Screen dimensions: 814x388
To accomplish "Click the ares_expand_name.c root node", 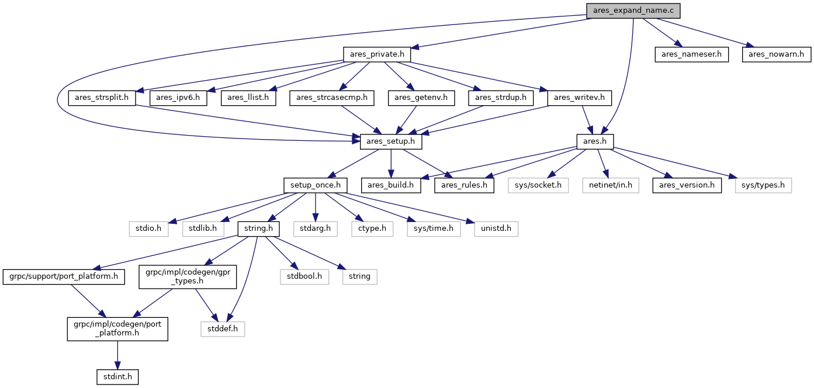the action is [633, 11].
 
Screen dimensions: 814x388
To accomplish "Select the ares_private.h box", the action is [377, 54].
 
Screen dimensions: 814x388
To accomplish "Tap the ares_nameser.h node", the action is [691, 54].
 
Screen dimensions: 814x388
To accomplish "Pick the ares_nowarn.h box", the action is [776, 54].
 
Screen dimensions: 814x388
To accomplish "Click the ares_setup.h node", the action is [391, 141].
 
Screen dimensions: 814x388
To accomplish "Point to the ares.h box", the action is [595, 141].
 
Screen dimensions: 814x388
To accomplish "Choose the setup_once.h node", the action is [316, 185].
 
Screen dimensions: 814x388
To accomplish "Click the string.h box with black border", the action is [258, 229].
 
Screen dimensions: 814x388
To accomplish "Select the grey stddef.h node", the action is [223, 329].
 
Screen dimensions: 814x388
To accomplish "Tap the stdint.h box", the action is [117, 377].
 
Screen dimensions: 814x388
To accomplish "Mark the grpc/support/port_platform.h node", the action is [64, 277].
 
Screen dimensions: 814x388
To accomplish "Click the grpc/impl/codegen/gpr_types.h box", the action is [188, 277].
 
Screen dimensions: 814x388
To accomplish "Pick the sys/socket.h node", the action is [538, 185].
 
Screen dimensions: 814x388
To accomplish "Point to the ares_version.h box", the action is [687, 185].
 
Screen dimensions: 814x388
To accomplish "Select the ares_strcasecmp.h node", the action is [332, 98].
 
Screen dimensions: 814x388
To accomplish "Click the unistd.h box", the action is [496, 229].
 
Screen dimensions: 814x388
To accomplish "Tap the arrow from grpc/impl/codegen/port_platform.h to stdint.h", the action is [117, 355].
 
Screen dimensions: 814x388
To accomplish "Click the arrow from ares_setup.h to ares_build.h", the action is [391, 164].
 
